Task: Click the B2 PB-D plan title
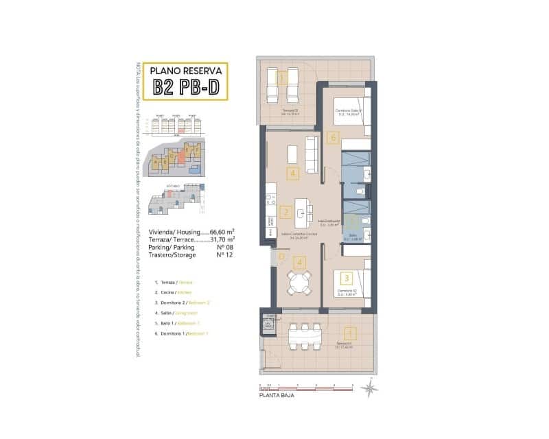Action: tap(187, 86)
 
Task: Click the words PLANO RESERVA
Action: tap(187, 70)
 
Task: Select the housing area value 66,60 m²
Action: tap(222, 232)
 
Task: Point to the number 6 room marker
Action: tap(334, 138)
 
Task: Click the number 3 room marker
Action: tap(347, 278)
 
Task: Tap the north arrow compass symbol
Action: tap(371, 389)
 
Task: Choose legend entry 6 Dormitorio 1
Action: tap(182, 333)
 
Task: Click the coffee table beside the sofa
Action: tap(292, 150)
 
